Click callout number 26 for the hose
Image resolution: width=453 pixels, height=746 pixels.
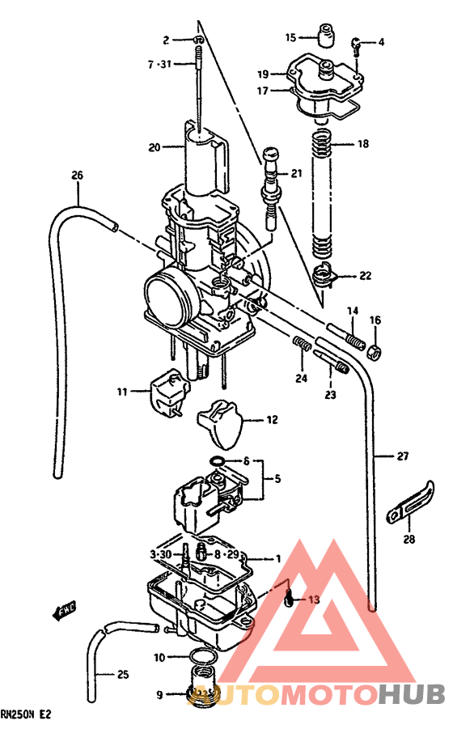tap(78, 175)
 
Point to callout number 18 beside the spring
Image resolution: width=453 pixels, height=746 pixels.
tap(362, 144)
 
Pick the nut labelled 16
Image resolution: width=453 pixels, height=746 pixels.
tap(375, 351)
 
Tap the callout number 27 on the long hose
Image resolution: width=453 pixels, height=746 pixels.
tap(403, 456)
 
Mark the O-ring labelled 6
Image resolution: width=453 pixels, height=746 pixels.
tap(218, 462)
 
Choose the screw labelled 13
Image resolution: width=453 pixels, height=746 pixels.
tap(289, 600)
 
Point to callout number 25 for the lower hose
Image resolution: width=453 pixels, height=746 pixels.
tap(123, 674)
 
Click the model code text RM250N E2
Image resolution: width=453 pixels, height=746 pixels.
tap(26, 714)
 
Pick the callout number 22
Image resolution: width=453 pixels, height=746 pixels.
tap(366, 276)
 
